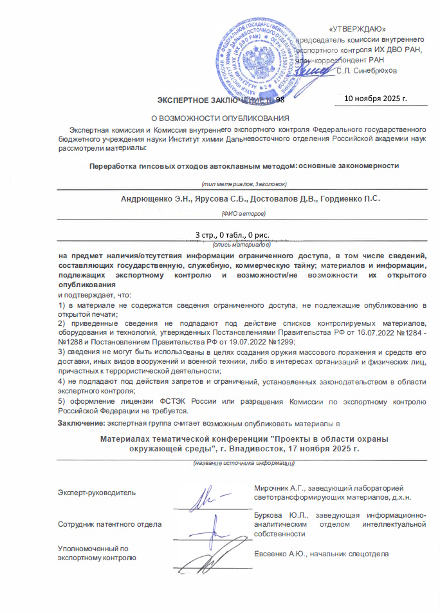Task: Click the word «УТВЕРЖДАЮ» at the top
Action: coord(357,28)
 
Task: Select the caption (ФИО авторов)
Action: coord(238,212)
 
